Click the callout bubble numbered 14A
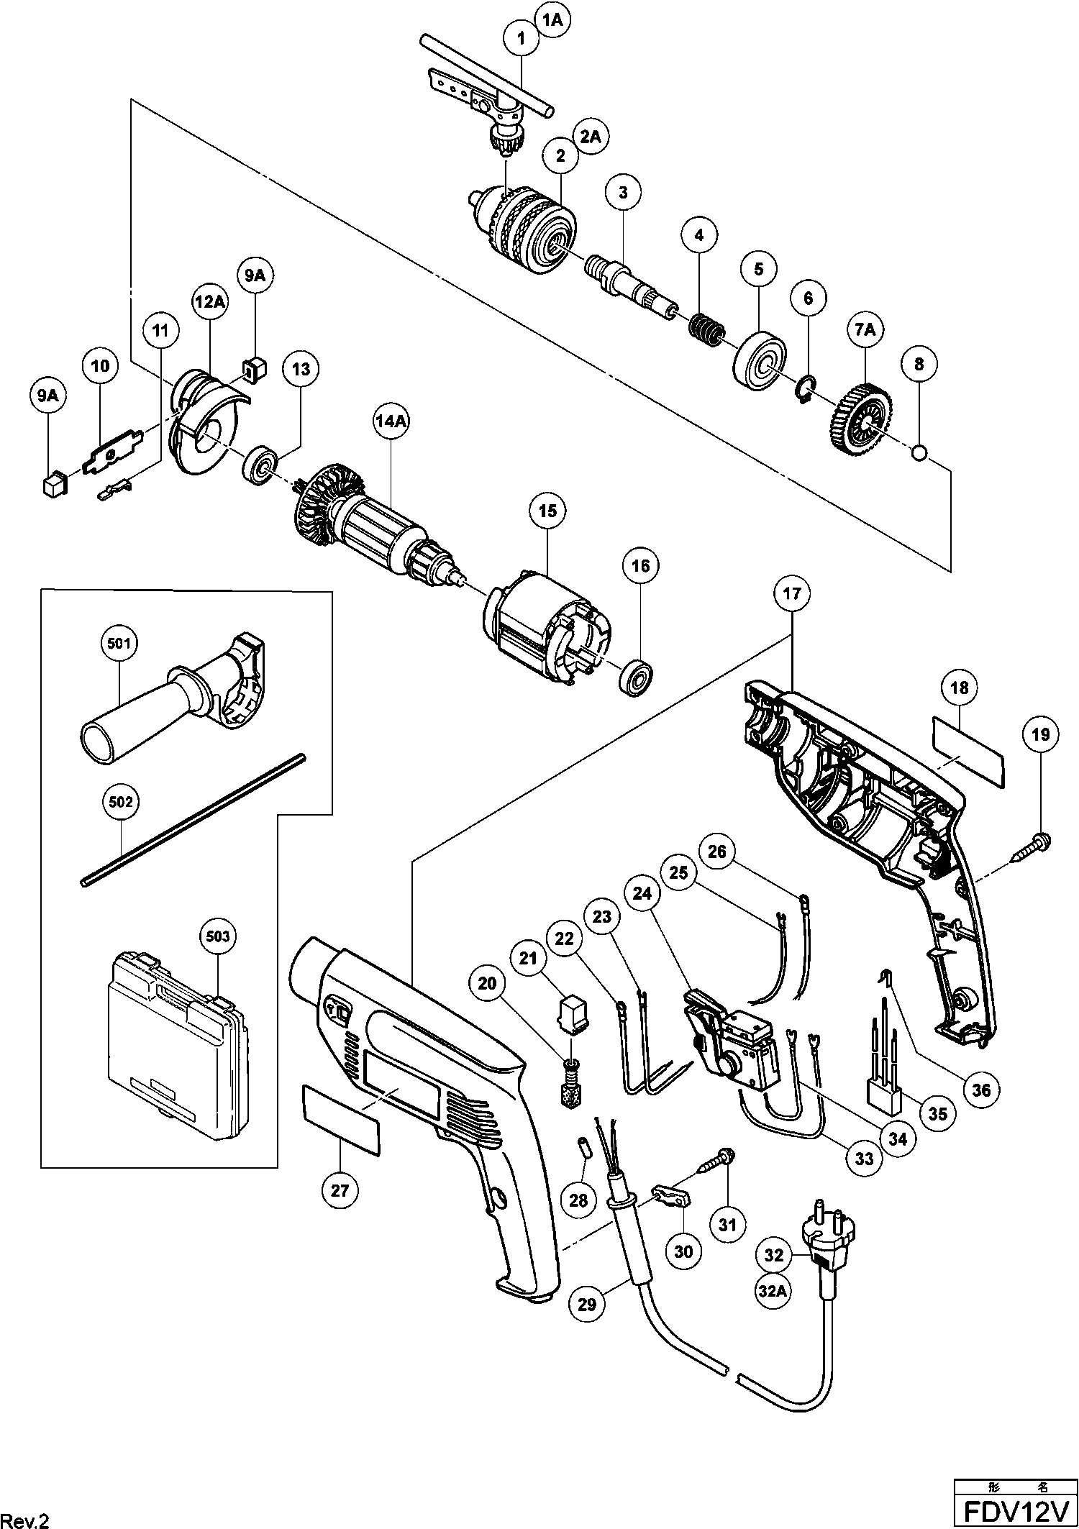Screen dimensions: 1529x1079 (x=391, y=422)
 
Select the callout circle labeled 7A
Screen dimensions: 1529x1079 (x=865, y=330)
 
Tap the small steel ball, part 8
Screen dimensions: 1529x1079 (x=919, y=452)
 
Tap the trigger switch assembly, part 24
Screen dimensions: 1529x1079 (x=734, y=1043)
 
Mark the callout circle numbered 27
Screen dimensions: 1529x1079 (x=340, y=1191)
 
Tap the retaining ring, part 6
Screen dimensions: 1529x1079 (x=805, y=389)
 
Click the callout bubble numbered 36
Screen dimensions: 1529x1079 (x=981, y=1090)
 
